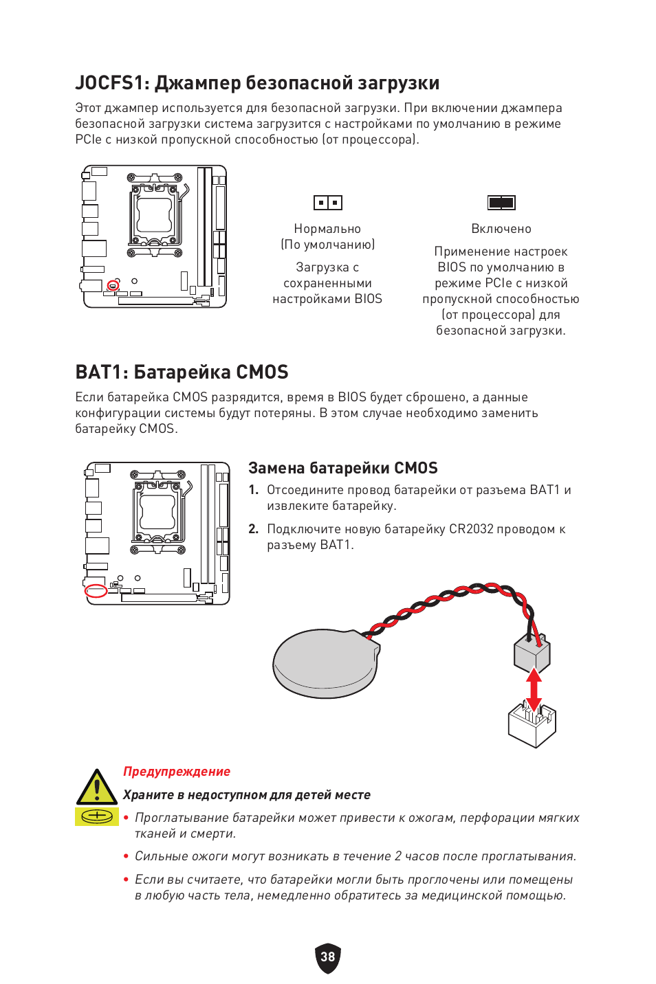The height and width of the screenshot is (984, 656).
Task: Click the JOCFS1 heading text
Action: [x=256, y=83]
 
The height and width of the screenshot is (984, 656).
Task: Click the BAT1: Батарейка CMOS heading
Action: [x=182, y=372]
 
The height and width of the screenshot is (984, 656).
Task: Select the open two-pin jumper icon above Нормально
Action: [x=327, y=203]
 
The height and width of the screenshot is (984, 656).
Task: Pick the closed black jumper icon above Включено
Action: [x=501, y=203]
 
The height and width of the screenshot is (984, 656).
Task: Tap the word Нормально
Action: [x=327, y=229]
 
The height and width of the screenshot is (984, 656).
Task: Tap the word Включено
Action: [x=501, y=229]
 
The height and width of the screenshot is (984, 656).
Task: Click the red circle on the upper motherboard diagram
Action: [x=113, y=285]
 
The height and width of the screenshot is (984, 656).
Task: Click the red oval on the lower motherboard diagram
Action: [x=96, y=590]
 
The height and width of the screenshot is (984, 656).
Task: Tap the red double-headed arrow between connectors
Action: [x=534, y=690]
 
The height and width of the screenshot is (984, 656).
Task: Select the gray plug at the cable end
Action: [x=532, y=653]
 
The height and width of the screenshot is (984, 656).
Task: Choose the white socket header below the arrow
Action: [x=532, y=726]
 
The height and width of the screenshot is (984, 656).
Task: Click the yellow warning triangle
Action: [x=97, y=787]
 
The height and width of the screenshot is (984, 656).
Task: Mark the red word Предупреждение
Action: [x=177, y=772]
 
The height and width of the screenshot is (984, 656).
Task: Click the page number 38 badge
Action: [x=328, y=957]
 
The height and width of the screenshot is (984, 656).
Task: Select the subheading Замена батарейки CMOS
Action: [x=342, y=469]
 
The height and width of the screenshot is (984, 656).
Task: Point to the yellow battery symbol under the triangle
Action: [x=97, y=816]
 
